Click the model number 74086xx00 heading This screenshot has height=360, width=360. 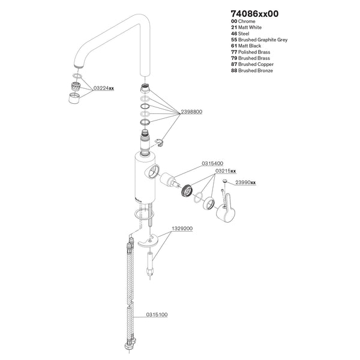(x=255, y=13)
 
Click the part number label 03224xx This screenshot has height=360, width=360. (x=103, y=88)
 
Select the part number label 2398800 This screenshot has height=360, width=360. (x=191, y=112)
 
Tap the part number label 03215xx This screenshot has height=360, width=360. (x=226, y=171)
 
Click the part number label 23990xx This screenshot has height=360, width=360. (x=245, y=182)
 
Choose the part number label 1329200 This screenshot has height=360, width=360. (x=182, y=229)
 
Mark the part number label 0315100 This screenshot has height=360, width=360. (x=157, y=314)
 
